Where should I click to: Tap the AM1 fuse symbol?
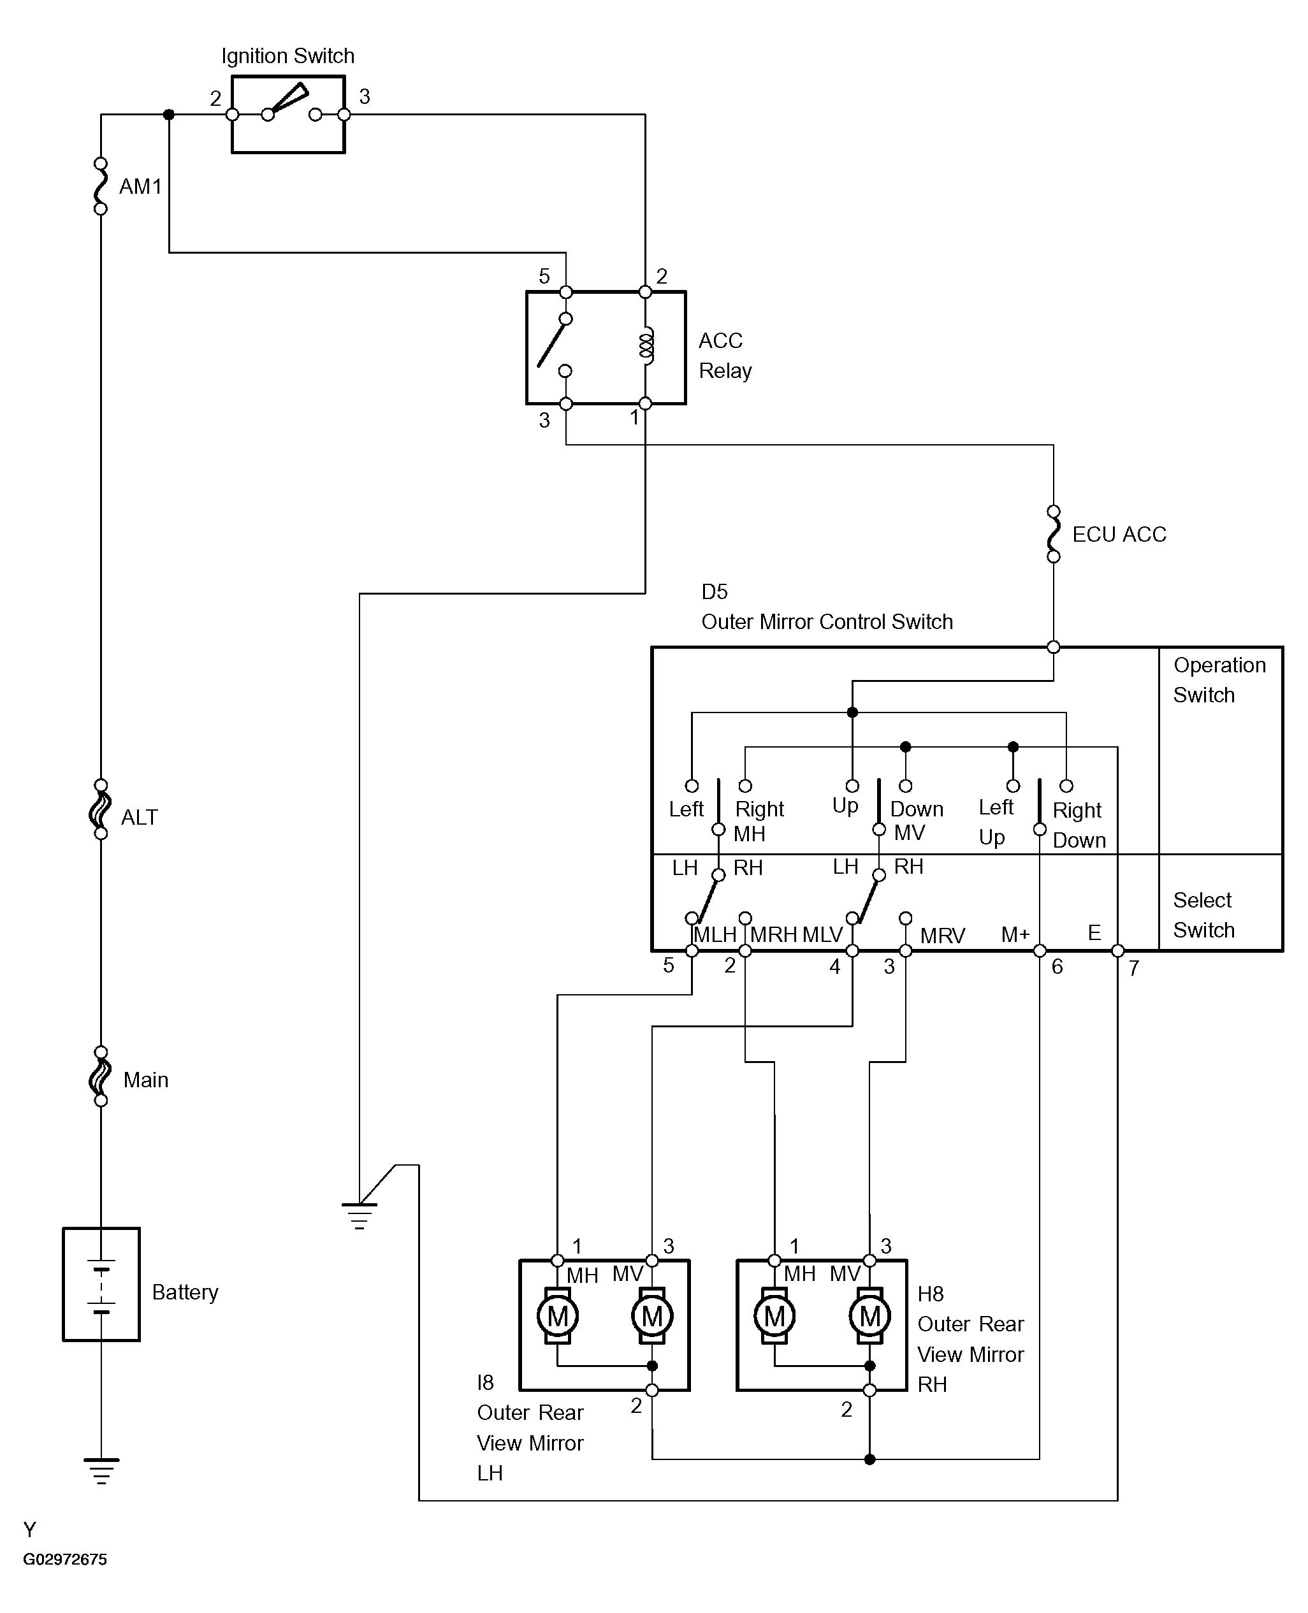pos(100,186)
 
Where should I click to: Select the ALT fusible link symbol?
pos(100,810)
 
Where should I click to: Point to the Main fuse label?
pos(145,1080)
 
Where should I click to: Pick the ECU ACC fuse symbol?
pos(1053,534)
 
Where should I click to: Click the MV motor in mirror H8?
pos(869,1316)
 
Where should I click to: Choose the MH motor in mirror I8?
pos(558,1316)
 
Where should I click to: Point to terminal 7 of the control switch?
pos(1117,951)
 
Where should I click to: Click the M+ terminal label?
pos(1015,935)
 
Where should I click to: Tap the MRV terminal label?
pos(942,936)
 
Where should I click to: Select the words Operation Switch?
pos(1219,679)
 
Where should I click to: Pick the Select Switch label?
pos(1203,915)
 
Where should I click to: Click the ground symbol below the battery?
pos(101,1471)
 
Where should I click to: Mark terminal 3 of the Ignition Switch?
pos(344,115)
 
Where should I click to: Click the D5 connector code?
pos(715,591)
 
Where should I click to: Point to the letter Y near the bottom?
pos(29,1530)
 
